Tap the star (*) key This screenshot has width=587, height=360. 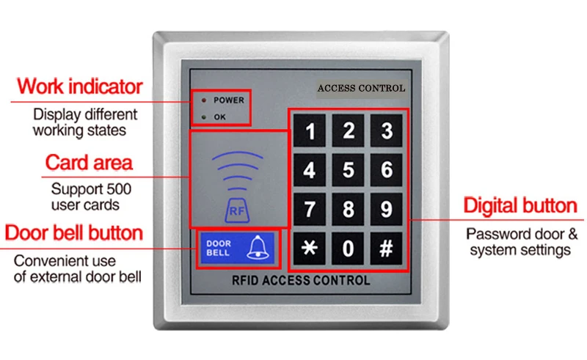point(310,247)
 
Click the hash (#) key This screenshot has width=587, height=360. point(387,247)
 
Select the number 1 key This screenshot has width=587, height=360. point(310,132)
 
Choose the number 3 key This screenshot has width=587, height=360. point(387,132)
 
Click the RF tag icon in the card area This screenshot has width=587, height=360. point(238,210)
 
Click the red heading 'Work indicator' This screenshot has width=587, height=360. point(79,87)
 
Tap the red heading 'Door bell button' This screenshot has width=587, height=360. point(73,233)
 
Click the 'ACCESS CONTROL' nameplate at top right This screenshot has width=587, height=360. point(360,88)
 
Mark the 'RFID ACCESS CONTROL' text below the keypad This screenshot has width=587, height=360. point(301,280)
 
